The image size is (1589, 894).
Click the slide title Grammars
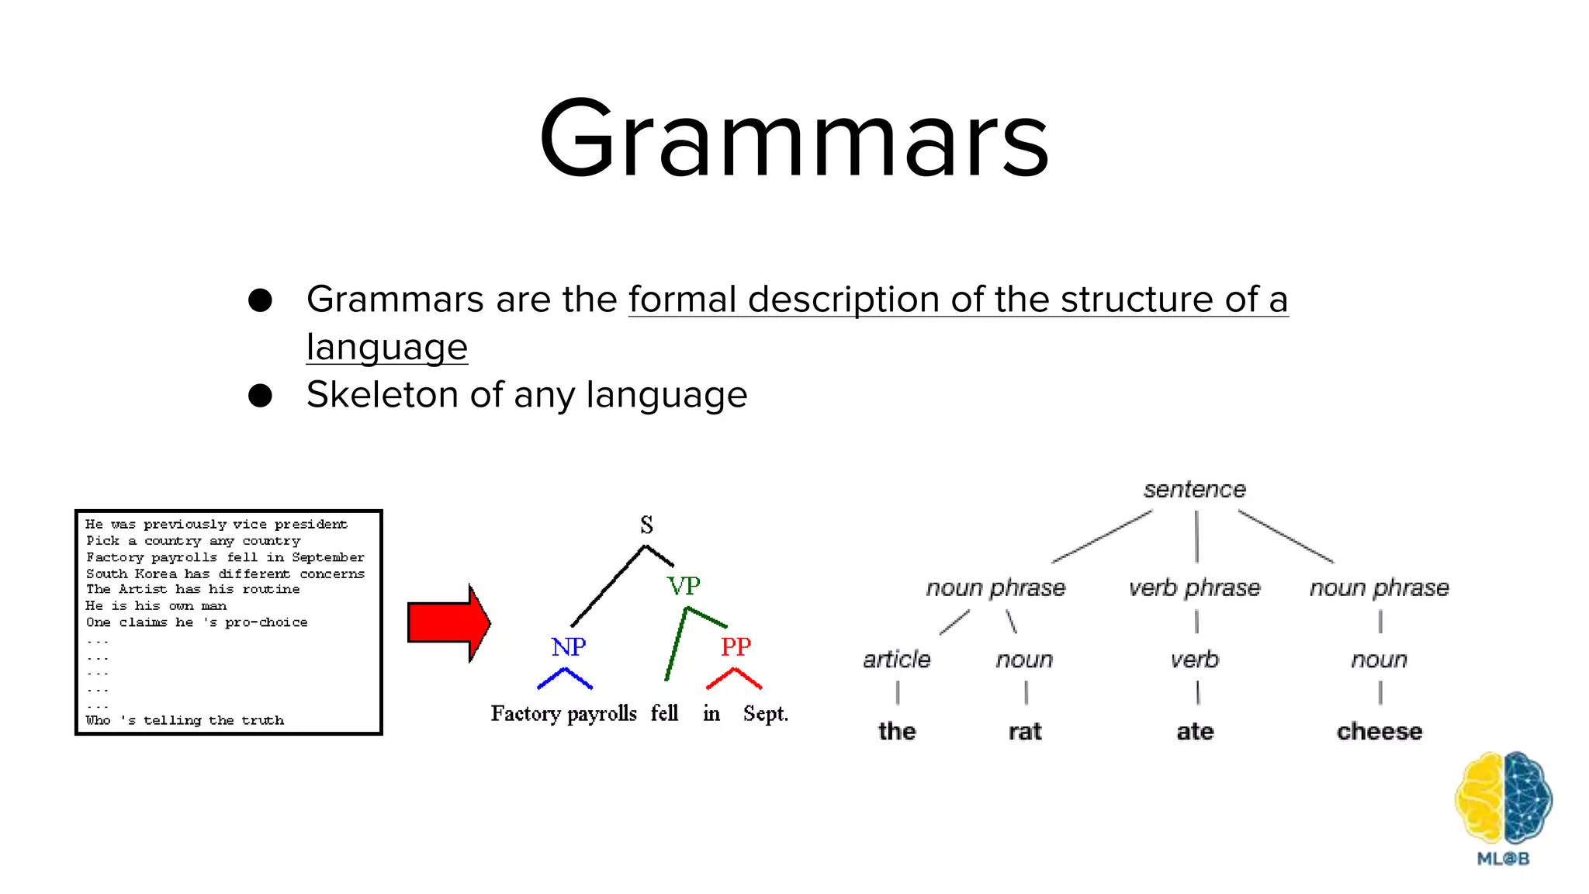[794, 140]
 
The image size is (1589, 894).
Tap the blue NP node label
[568, 646]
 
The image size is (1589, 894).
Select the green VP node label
[684, 585]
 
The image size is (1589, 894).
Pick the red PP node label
[736, 646]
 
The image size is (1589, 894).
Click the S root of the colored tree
[646, 525]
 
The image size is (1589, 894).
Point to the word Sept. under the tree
[765, 713]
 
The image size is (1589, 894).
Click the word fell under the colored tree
[664, 713]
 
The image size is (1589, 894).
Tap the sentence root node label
[1194, 490]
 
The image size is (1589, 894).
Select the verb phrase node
[1194, 588]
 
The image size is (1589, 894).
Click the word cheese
[1379, 731]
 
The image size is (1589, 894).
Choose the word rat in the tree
[1024, 731]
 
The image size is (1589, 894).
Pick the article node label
[896, 660]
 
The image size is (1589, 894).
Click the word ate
[1194, 731]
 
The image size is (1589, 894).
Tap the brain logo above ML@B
[1503, 797]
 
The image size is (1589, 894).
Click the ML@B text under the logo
[1503, 859]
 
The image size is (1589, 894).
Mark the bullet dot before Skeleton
[260, 395]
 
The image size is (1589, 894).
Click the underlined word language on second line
[386, 347]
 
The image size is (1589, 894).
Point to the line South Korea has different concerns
[225, 573]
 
